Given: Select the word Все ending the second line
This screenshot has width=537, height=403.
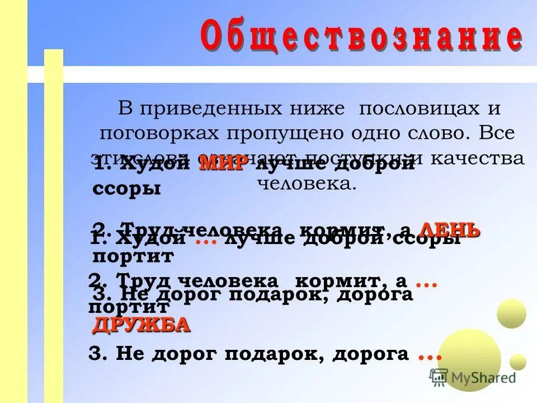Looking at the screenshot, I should [498, 133].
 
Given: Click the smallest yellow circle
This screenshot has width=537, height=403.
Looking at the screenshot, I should [518, 362].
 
